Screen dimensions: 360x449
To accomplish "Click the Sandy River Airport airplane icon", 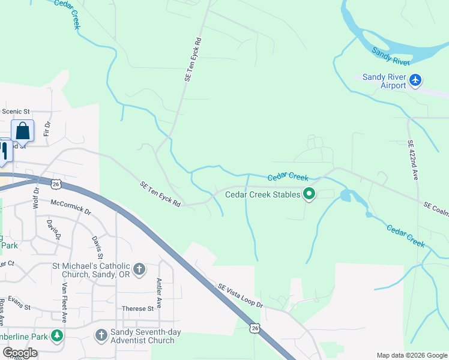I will pos(415,80).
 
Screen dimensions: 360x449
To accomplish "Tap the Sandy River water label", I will pos(391,57).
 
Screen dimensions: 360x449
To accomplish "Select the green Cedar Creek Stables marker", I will pos(309,194).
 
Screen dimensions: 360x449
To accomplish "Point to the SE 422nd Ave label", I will pos(413,160).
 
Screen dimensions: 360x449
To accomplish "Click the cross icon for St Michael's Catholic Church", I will pos(139,269).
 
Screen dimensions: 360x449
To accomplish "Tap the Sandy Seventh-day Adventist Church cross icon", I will pos(100,334).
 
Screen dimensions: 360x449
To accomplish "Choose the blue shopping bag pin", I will pos(22,131).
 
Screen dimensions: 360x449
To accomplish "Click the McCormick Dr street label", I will pos(71,207).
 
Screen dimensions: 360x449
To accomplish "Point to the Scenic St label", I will pos(16,112).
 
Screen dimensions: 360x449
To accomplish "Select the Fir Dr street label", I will pos(47,129).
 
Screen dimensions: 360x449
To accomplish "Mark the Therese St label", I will pos(138,309).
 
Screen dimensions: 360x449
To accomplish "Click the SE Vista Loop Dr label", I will pos(240,296).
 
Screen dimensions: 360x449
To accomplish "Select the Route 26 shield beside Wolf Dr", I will pos(55,184).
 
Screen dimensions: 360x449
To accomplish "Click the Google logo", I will pos(19,353).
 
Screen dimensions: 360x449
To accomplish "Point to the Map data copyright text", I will pos(411,355).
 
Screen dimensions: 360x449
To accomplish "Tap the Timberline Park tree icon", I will pos(57,335).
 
